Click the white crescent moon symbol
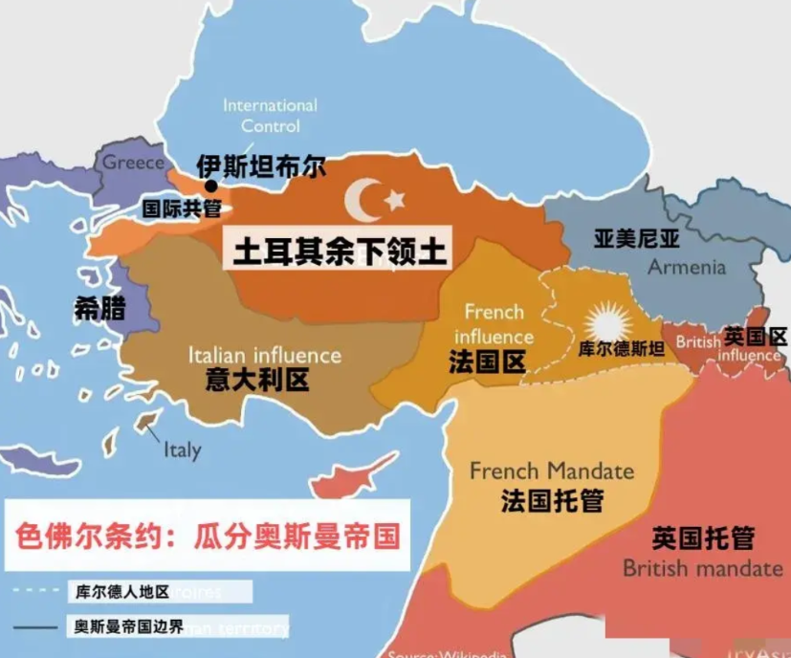(363, 199)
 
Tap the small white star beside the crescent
(393, 199)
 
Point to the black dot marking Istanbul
(210, 186)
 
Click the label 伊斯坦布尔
(260, 166)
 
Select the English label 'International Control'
(270, 115)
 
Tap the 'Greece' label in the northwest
(133, 163)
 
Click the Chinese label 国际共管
(181, 208)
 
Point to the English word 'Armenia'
(687, 267)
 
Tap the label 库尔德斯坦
(622, 348)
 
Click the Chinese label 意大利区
(257, 380)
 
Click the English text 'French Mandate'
(551, 471)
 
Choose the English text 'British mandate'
(703, 568)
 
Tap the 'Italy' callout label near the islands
(182, 449)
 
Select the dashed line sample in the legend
(36, 591)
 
